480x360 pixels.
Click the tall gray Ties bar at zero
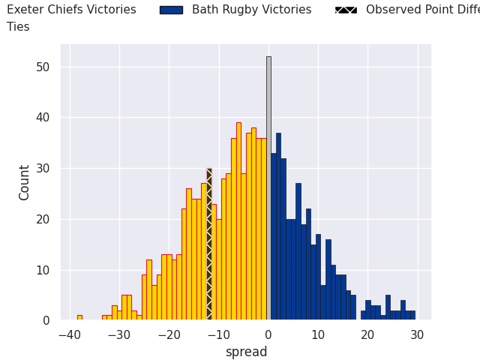tap(268, 187)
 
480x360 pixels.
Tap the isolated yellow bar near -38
tap(79, 317)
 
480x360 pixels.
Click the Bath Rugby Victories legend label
tap(251, 10)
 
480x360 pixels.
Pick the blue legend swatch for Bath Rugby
tap(171, 10)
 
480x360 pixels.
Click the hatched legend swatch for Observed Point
tap(346, 10)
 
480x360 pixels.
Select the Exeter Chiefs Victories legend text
tap(71, 10)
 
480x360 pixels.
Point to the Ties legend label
tap(18, 26)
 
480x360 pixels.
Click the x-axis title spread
tap(246, 352)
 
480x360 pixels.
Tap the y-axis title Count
tap(25, 182)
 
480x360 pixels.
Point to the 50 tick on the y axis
tap(43, 67)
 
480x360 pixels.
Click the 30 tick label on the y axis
tap(43, 168)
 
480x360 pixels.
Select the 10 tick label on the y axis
tap(43, 270)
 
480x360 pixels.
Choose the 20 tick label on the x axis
tap(367, 335)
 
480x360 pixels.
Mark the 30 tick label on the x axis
tap(417, 335)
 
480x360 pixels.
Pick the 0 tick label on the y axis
tap(46, 321)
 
